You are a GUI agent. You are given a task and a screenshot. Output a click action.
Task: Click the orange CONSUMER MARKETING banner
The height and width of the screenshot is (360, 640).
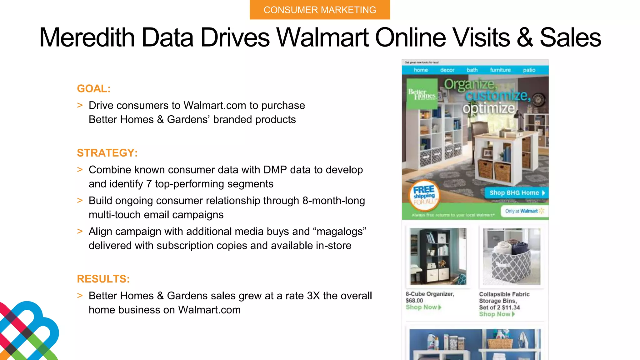point(320,10)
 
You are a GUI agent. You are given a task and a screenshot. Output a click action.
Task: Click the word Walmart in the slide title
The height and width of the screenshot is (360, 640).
point(323,37)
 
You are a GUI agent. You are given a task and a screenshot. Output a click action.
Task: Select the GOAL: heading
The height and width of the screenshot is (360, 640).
point(94,89)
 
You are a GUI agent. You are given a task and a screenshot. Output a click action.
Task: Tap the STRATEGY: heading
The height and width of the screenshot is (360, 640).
point(107,153)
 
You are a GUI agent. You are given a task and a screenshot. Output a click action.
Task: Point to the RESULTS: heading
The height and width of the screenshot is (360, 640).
point(103,279)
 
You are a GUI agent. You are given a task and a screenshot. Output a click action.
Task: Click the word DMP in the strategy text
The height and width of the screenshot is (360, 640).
point(275,170)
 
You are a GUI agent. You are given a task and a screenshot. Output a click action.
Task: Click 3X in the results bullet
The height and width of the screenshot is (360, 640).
point(313,296)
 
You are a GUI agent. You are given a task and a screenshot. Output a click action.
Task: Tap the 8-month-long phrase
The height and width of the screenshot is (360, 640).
point(333,201)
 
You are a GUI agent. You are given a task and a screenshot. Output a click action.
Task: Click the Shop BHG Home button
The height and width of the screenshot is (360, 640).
point(516,193)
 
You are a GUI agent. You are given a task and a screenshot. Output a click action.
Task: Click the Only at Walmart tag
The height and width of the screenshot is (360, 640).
point(524,211)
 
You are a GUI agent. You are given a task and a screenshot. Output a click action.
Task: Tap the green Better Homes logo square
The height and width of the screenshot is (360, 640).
point(422,93)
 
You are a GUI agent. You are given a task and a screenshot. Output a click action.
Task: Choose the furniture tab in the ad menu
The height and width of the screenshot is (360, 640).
point(500,70)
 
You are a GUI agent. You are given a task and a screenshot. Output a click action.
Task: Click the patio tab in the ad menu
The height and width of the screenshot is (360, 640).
point(529,70)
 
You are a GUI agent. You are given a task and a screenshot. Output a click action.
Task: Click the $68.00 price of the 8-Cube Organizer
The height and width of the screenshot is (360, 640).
point(414,301)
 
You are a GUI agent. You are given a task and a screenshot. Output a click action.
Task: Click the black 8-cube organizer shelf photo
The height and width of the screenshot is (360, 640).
point(438,256)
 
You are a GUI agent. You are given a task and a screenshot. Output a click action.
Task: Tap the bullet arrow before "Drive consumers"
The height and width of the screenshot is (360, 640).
point(80,105)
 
